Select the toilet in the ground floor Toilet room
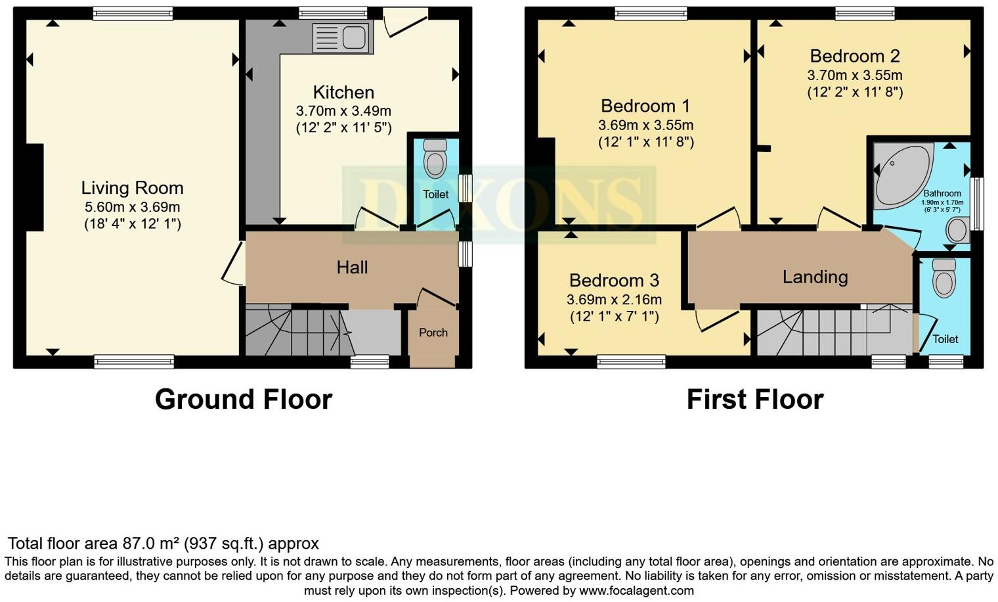click(435, 158)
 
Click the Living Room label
click(132, 188)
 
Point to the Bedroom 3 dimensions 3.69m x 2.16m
click(614, 300)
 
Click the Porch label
click(433, 333)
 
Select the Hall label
click(352, 267)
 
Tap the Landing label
click(815, 277)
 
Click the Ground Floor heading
click(244, 399)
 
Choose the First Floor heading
click(755, 399)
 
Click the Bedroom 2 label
click(854, 57)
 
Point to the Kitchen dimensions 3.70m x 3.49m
click(343, 111)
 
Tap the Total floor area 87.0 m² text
click(163, 544)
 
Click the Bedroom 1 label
click(645, 106)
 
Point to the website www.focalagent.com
click(636, 590)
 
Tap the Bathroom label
click(942, 193)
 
